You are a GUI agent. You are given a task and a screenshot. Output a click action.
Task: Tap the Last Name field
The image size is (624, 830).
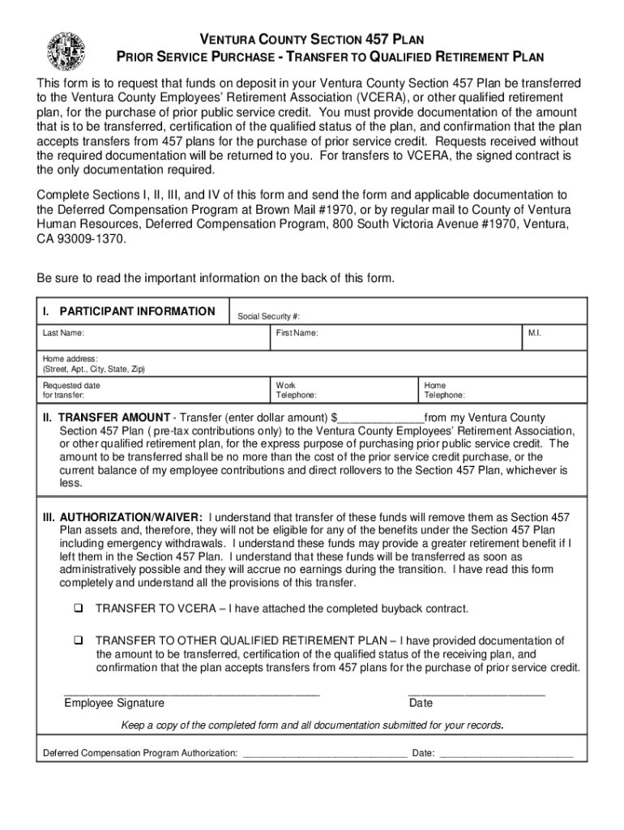click(x=154, y=338)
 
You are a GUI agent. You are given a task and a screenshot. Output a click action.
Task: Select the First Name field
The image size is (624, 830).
click(x=397, y=338)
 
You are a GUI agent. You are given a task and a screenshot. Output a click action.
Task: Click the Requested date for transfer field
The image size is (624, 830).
click(x=154, y=391)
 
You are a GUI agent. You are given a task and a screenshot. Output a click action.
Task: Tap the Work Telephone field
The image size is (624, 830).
click(x=344, y=391)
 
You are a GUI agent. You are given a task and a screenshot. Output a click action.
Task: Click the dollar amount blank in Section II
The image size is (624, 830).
click(x=378, y=418)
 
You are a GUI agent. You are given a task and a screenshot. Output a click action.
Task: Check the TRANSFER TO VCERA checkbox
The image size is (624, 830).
click(x=79, y=609)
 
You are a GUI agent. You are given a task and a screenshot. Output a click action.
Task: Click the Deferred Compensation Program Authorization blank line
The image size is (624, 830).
click(x=325, y=754)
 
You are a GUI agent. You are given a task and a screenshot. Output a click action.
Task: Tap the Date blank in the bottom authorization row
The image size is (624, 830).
click(x=506, y=754)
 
